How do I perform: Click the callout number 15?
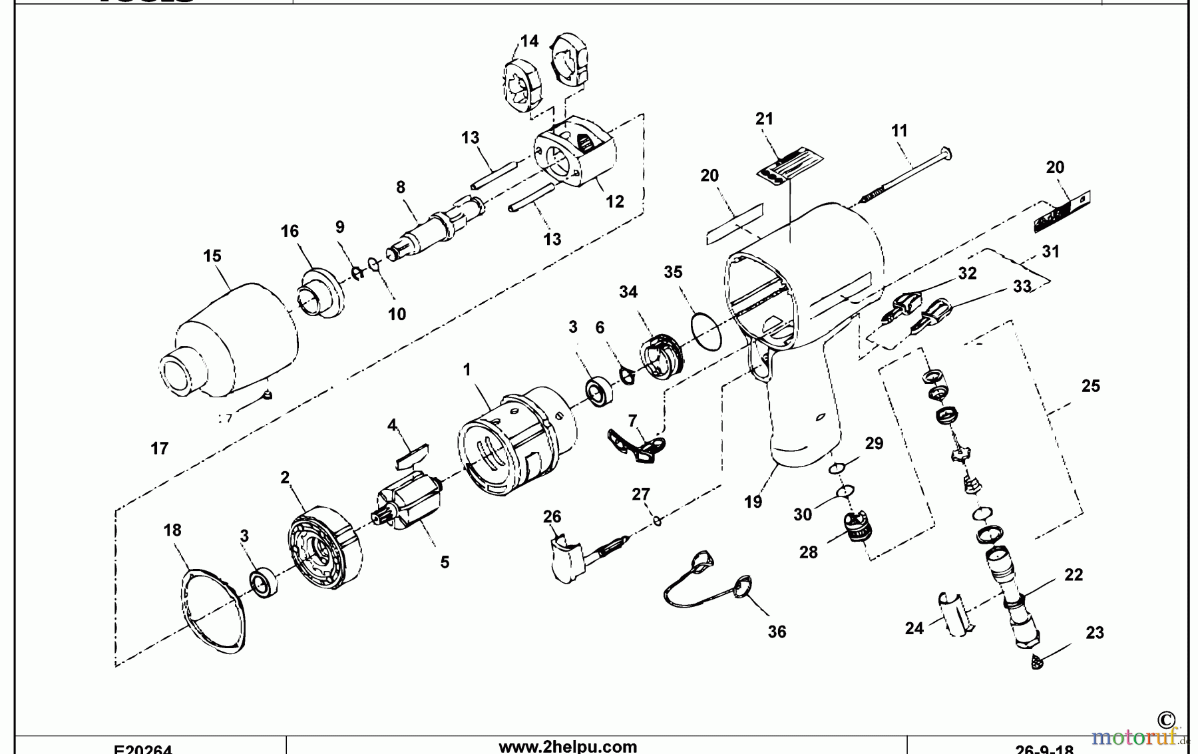[212, 256]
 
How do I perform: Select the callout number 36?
[777, 632]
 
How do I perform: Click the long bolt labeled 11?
[905, 172]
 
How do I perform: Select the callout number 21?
[764, 118]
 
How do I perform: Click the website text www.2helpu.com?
[567, 746]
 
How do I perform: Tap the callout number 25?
[1090, 385]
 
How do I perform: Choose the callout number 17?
[159, 448]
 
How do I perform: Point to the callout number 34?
[628, 291]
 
